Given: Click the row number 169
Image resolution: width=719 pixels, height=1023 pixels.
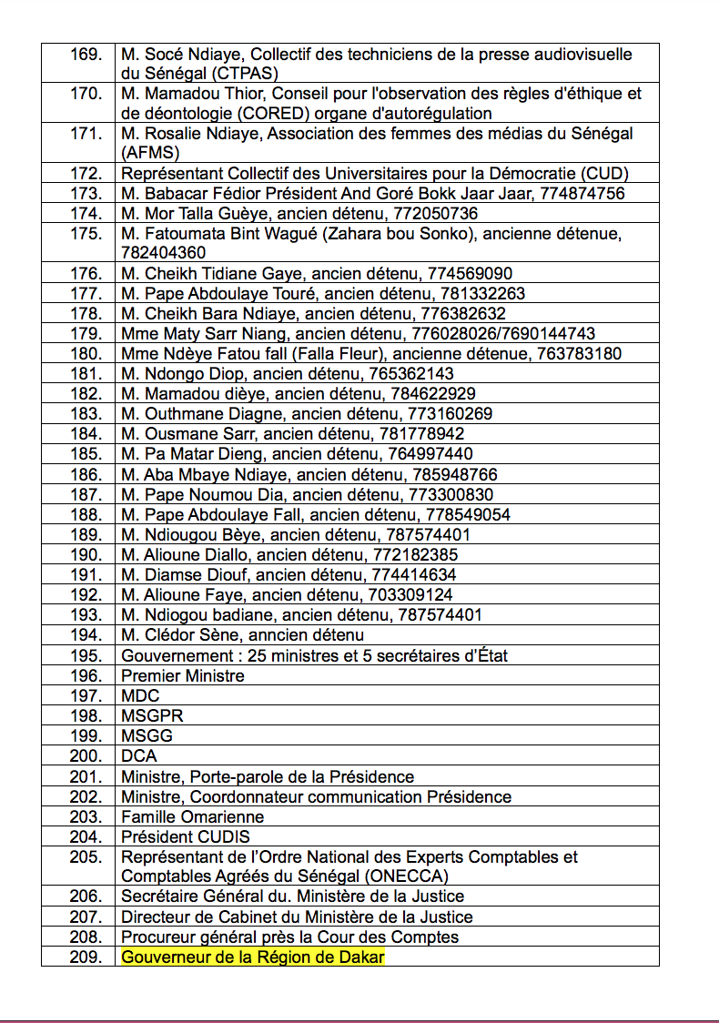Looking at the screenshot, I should (86, 55).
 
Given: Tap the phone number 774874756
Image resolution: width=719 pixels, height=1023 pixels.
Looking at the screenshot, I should (582, 194).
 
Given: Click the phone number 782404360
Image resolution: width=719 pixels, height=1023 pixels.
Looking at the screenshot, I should (164, 253).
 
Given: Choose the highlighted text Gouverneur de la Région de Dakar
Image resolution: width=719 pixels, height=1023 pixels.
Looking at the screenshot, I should (253, 957).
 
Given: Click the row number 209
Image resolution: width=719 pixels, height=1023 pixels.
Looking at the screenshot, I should (86, 957).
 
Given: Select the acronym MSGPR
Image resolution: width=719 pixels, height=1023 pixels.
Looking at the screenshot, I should (147, 716).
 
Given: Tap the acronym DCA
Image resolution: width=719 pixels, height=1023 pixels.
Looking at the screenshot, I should (139, 756).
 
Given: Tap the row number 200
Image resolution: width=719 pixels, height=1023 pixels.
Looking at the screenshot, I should (86, 756).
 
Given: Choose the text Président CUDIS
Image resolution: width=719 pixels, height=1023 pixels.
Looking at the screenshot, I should (186, 836).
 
